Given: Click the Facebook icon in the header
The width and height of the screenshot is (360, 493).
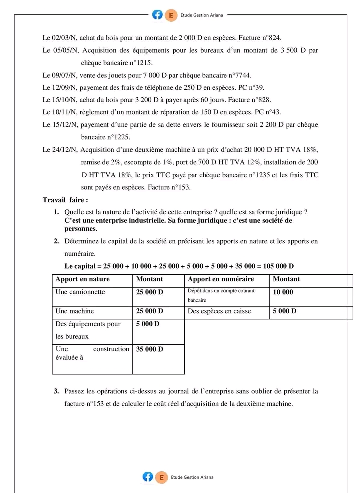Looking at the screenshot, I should point(158,15).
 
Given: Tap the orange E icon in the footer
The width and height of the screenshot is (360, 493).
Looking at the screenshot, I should point(161,477).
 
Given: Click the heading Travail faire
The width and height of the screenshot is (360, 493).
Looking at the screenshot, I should point(65,200).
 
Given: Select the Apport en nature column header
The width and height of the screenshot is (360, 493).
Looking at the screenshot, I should point(82,279).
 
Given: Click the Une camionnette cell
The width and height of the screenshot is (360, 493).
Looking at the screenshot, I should point(80,292).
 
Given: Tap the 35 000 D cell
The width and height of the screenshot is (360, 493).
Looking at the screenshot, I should point(149,349).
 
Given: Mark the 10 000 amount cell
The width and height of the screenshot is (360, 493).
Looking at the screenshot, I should point(283,292).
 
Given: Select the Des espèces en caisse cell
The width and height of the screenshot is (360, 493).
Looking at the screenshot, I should point(219,311).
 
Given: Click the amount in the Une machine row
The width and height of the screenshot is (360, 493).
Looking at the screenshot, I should point(149,311).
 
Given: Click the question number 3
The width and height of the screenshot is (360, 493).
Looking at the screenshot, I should point(57,391).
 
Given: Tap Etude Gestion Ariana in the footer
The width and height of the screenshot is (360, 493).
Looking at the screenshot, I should point(192,477).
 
